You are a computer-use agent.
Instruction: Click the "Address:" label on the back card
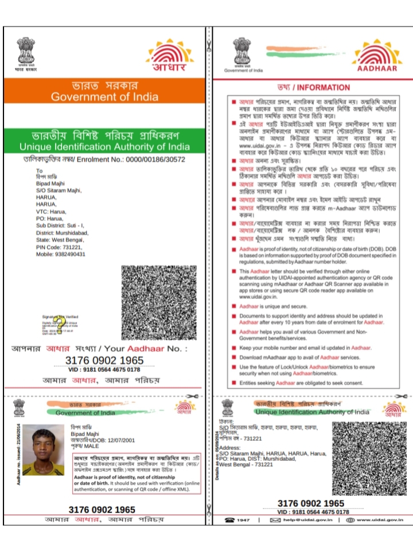(230, 447)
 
